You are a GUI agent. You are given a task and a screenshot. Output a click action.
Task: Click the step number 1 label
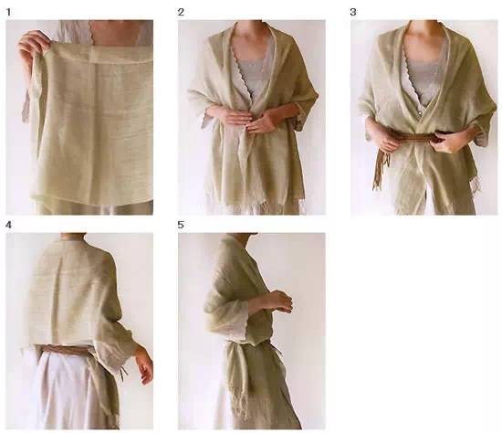click(x=8, y=13)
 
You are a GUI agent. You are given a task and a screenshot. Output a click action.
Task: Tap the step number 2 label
click(x=181, y=12)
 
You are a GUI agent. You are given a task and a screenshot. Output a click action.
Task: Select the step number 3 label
click(x=353, y=12)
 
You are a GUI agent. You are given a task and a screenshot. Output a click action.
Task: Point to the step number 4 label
click(x=8, y=226)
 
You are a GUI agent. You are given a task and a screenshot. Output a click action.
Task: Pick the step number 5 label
click(x=181, y=225)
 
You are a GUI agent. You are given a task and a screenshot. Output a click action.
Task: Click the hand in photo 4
click(x=145, y=366)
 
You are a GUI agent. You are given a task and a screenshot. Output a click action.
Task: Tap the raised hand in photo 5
click(x=279, y=302)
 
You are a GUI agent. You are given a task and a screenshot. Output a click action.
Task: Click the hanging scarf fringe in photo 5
click(x=240, y=405)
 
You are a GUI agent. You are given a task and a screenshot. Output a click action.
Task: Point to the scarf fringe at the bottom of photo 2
click(x=256, y=206)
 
